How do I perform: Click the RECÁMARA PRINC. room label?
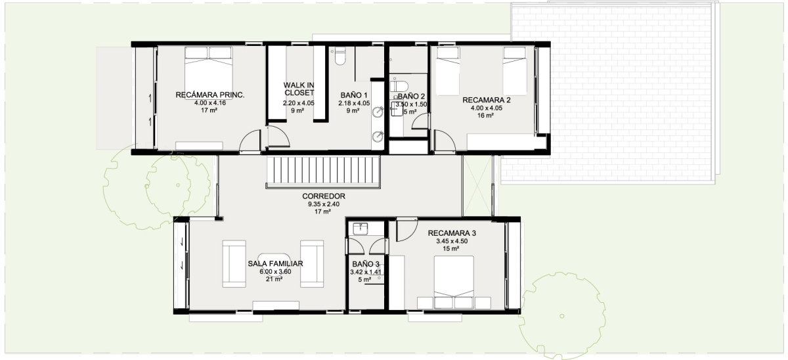pos(210,95)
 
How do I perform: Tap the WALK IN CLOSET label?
pos(299,89)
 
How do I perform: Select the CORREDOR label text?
pos(324,196)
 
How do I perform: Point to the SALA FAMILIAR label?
pos(275,263)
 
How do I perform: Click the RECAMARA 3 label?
pos(452,233)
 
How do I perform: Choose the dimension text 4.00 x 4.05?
pos(486,108)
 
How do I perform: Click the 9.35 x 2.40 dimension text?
pos(324,204)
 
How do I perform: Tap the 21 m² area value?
pos(274,279)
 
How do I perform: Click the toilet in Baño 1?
pos(340,56)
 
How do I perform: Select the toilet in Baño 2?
pos(399,86)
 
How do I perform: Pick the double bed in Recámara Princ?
pos(209,73)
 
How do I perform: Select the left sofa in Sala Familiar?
pos(234,264)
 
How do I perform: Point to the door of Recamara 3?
pos(407,230)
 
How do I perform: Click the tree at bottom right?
pos(562,316)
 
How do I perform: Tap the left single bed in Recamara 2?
pos(448,72)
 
